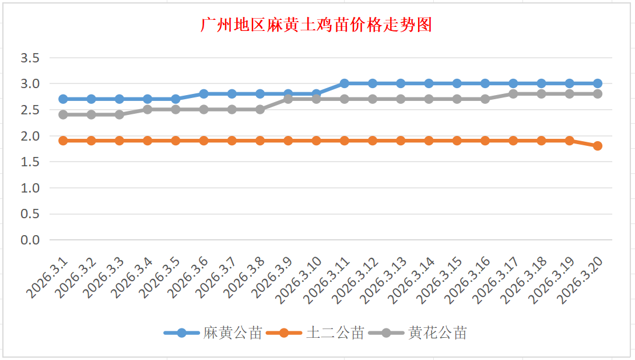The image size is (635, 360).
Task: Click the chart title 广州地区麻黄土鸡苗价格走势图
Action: (x=316, y=25)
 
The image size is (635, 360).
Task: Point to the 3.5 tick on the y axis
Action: (x=30, y=58)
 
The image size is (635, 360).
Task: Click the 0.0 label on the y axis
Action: (x=30, y=240)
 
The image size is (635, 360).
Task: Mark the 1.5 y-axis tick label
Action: (x=30, y=162)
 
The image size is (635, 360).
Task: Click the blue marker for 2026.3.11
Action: (x=345, y=83)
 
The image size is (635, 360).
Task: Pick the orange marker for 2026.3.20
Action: (x=598, y=146)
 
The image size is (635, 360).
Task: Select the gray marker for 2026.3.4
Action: (x=148, y=110)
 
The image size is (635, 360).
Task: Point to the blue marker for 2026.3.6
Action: (x=204, y=94)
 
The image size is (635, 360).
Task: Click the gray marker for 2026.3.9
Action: (x=288, y=99)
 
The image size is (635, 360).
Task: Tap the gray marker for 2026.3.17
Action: (x=513, y=94)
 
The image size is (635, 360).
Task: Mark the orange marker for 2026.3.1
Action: (x=63, y=141)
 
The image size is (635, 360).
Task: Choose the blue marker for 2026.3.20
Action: (x=598, y=83)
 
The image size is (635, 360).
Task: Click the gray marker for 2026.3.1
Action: (x=63, y=115)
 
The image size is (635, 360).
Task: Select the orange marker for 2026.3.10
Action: (x=316, y=141)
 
